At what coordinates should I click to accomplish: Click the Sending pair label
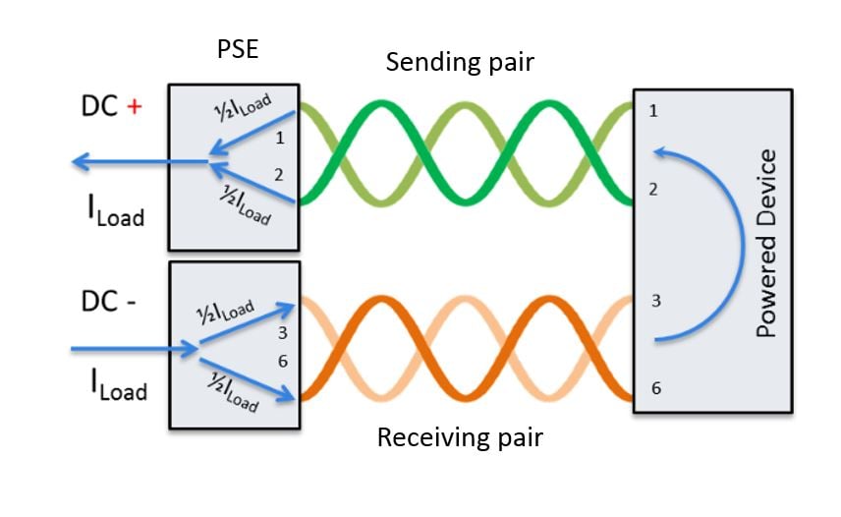(459, 62)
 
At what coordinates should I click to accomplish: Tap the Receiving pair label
(460, 436)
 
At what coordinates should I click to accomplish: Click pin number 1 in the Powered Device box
(654, 111)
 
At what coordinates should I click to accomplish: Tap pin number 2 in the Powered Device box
(654, 189)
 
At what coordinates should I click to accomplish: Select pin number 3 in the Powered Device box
(654, 301)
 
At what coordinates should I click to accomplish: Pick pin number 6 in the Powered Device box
(654, 388)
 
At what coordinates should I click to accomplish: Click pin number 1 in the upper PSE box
(279, 138)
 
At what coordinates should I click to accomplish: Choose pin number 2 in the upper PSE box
(279, 175)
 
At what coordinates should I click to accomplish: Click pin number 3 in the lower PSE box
(282, 333)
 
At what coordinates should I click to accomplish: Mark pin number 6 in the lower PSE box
(282, 361)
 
